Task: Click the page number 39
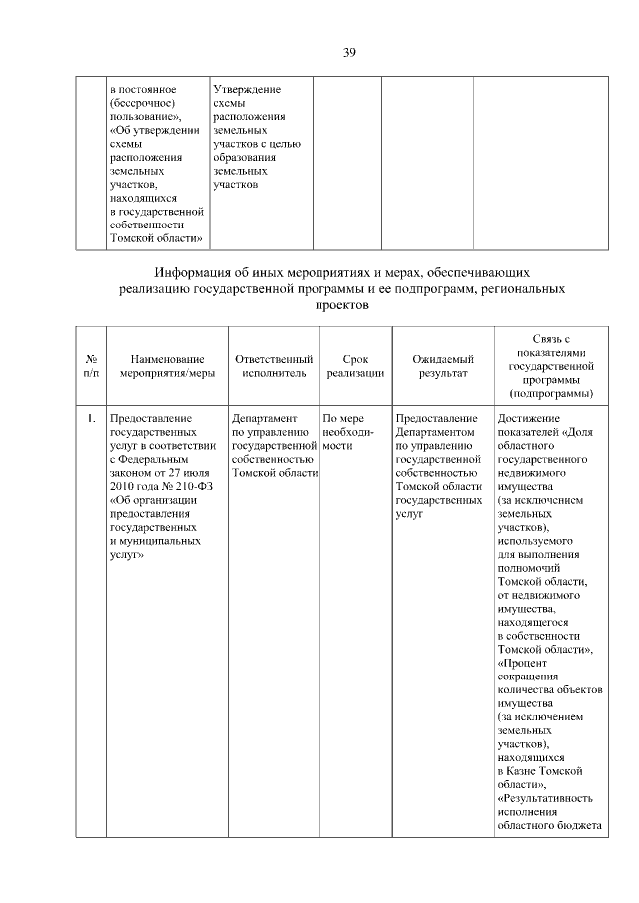click(349, 52)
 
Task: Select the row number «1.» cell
click(90, 419)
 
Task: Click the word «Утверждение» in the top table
click(247, 90)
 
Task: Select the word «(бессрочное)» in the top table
click(144, 103)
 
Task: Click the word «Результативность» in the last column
click(549, 798)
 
